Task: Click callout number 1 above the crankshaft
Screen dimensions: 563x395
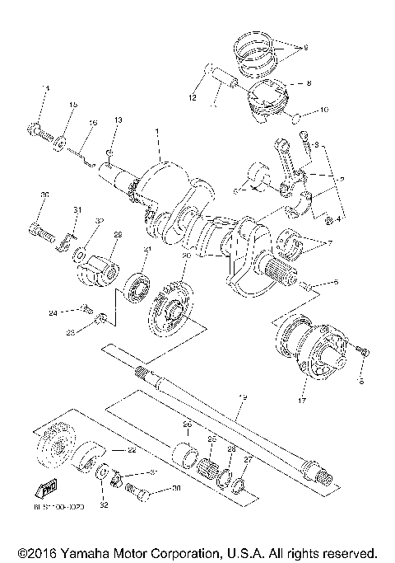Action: (x=156, y=132)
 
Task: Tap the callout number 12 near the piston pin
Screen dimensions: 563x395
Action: (x=192, y=98)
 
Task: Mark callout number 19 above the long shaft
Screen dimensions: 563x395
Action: (x=242, y=397)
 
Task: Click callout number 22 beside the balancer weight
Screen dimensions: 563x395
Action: (x=131, y=451)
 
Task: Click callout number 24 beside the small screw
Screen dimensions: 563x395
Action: (x=51, y=312)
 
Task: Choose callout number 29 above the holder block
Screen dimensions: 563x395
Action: (x=117, y=235)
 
